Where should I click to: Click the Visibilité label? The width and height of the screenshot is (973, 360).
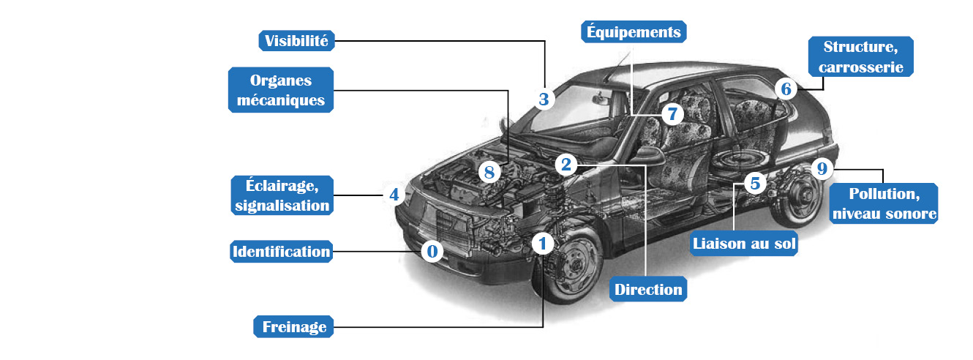(x=298, y=40)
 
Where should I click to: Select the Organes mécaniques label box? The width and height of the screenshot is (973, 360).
(x=281, y=90)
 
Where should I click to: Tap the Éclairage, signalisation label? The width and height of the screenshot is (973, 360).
(x=282, y=195)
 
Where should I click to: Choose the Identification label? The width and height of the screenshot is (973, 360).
(x=282, y=252)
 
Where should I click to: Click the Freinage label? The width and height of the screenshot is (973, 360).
(x=294, y=326)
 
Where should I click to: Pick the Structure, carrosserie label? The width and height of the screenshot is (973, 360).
(x=861, y=57)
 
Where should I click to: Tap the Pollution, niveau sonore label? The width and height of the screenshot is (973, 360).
(x=884, y=204)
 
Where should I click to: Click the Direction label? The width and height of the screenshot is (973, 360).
(x=648, y=289)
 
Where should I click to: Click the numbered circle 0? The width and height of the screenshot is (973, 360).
(x=432, y=252)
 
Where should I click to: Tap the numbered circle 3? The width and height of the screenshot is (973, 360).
(x=543, y=100)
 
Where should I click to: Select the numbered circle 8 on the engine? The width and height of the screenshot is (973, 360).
(x=489, y=173)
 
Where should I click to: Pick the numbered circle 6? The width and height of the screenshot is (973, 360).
(x=786, y=89)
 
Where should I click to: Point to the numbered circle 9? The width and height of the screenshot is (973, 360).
(x=822, y=170)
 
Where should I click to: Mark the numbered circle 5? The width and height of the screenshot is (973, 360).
(x=755, y=182)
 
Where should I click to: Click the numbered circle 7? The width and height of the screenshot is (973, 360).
(x=672, y=113)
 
